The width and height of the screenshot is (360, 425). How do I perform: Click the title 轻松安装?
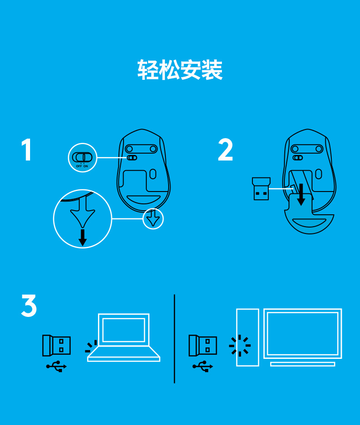tap(180, 70)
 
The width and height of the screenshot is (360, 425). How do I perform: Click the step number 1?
tap(27, 150)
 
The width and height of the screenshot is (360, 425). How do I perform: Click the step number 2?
tap(226, 150)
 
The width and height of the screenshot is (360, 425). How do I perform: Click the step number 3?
tap(29, 306)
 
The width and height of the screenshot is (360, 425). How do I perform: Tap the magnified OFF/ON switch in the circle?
tap(82, 157)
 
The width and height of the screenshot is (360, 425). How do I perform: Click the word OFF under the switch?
tap(79, 166)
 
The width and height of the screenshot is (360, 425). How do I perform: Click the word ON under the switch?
tap(86, 166)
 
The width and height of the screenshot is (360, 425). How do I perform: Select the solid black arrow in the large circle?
tap(82, 238)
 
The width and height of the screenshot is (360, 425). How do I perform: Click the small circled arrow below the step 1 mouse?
tap(153, 218)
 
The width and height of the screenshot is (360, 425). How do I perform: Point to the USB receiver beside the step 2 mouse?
tap(261, 189)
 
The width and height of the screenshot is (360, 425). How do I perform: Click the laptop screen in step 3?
tap(124, 330)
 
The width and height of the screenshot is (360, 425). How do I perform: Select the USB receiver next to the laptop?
tap(57, 346)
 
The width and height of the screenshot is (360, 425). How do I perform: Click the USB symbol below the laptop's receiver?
tap(57, 367)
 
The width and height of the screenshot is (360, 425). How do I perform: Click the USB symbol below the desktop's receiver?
tap(203, 367)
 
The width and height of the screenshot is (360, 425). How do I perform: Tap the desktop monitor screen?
tap(303, 334)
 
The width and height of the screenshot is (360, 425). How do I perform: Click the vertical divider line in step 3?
tap(174, 339)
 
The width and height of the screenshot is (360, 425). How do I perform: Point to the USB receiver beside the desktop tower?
tap(203, 346)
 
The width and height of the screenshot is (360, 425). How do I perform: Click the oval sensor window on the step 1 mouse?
tap(153, 174)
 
